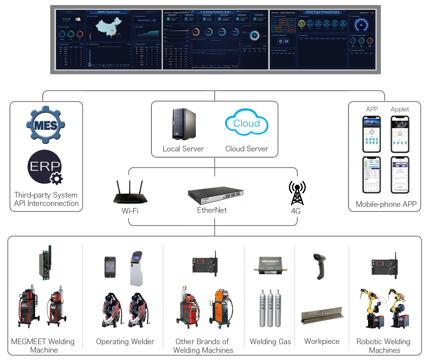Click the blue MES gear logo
45,125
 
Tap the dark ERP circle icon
45,167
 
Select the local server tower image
183,124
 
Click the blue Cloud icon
247,122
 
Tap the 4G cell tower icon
297,193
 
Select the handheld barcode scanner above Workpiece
320,266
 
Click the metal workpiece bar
322,315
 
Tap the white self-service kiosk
137,269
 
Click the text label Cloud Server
247,149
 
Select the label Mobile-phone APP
386,204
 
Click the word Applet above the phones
400,109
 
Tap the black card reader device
110,267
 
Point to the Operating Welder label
125,342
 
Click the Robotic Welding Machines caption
384,346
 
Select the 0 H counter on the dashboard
283,41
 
